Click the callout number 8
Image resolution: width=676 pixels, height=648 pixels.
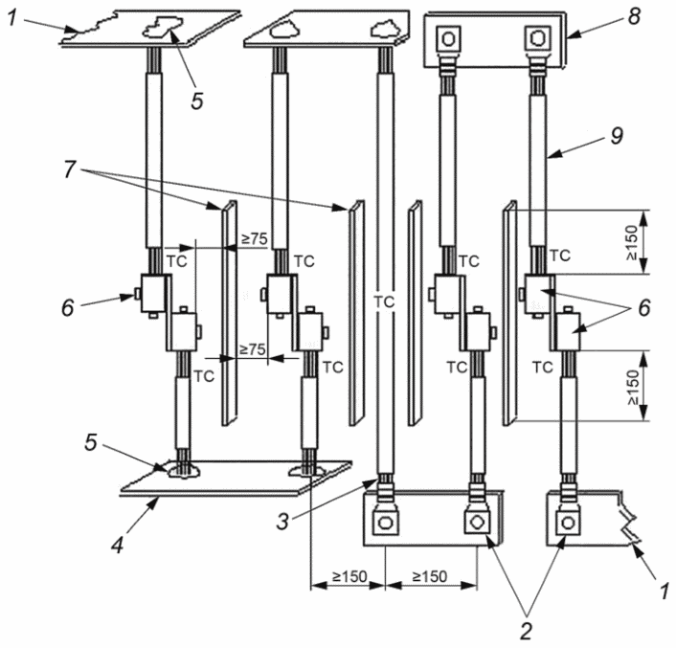pos(634,17)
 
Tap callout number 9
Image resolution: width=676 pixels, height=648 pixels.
pos(617,136)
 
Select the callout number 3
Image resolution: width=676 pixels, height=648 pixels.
pos(282,522)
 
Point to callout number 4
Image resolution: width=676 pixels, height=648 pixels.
pos(117,545)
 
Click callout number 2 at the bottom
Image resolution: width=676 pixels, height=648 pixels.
pos(526,632)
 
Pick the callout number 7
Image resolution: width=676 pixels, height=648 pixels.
pos(69,169)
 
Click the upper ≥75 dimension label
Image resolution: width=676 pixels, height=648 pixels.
pos(255,238)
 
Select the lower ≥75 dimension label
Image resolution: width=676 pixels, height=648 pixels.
pos(252,349)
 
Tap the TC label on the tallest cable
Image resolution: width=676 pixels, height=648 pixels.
pos(384,302)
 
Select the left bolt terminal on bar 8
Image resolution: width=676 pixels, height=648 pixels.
pos(449,39)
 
